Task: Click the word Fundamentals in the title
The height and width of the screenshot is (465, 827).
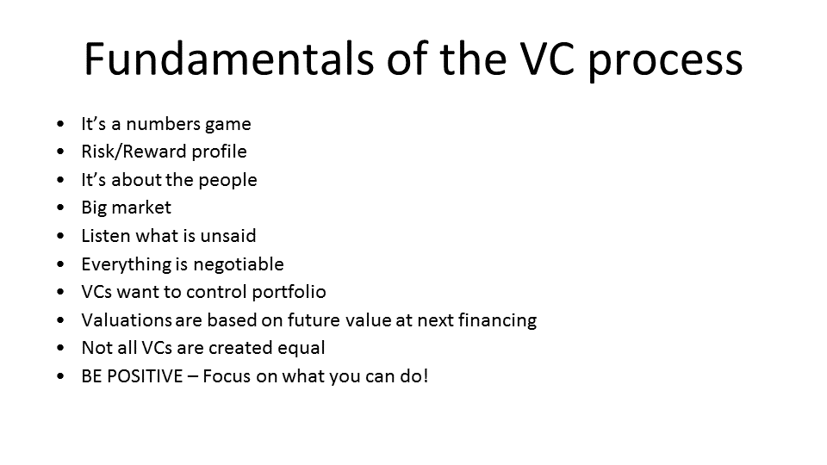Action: point(229,59)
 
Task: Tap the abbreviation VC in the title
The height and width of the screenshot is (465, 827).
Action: point(546,59)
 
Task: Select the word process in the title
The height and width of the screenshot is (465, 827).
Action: point(665,63)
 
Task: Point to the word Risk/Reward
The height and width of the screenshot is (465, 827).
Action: point(134,152)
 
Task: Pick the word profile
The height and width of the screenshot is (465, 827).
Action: point(219,152)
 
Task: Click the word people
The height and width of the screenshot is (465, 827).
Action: point(227,181)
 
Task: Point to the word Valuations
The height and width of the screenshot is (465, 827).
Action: point(127,320)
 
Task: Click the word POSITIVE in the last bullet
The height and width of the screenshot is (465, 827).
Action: point(145,376)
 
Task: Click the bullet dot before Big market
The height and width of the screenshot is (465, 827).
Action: point(60,208)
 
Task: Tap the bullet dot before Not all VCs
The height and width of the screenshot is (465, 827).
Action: point(60,348)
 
